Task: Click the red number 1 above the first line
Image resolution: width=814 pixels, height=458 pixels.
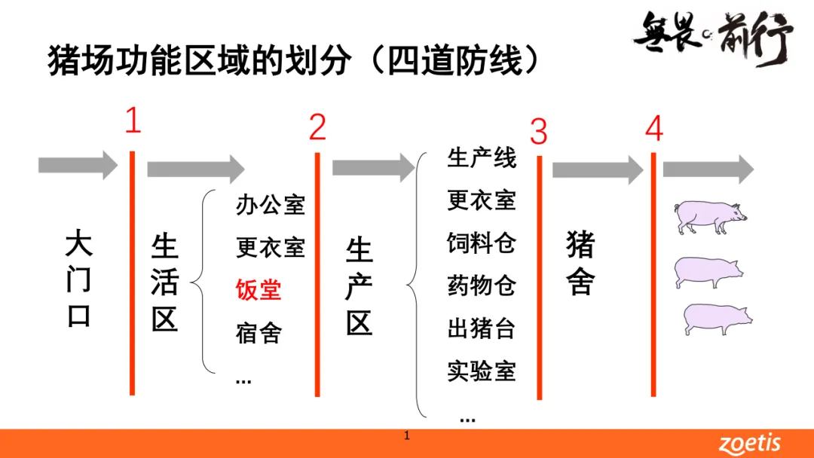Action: tap(133, 121)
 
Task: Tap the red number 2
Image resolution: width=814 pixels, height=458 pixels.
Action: tap(317, 128)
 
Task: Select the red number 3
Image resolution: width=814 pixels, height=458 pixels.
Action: tap(538, 133)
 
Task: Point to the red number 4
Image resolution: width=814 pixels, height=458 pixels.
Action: tap(653, 129)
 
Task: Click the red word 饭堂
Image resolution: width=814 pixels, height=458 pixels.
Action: tap(259, 290)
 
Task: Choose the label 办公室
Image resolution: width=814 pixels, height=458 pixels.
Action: tap(271, 205)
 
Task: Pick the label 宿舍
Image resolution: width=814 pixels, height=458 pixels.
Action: tap(259, 333)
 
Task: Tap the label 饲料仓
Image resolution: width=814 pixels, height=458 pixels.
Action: tap(482, 243)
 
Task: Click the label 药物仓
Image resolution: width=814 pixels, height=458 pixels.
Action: tap(482, 286)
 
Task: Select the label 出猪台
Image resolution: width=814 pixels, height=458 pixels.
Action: tap(482, 329)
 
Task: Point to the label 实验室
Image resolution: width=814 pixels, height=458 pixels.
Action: tap(482, 371)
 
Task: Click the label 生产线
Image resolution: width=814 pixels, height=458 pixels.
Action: tap(482, 158)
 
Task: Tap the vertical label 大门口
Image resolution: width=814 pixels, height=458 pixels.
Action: tap(79, 279)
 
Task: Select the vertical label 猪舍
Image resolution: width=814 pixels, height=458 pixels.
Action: tap(580, 264)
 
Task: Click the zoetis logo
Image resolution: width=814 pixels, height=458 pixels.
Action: tap(749, 444)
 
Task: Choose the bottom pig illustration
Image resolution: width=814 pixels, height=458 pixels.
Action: tap(716, 319)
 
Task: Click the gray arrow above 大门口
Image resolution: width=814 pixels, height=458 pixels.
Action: tap(78, 165)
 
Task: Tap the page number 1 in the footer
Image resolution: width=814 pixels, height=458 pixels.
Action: tap(407, 435)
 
